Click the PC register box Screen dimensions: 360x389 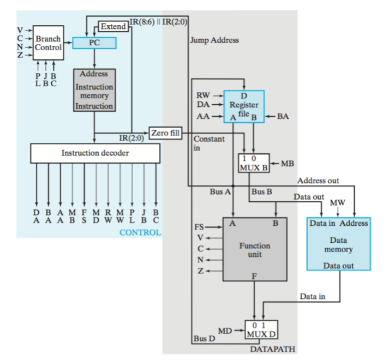coord(94,43)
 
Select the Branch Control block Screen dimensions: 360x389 coord(48,43)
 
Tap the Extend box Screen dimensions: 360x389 coord(113,26)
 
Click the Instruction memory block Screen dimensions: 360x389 coord(94,90)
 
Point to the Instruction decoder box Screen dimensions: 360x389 coord(95,153)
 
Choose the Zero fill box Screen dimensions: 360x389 coord(165,133)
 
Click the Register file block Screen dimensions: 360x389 coord(244,106)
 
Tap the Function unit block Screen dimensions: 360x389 coord(254,250)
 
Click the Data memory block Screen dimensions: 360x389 coord(338,244)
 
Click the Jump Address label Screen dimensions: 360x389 coord(214,40)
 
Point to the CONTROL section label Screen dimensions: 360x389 coord(140,232)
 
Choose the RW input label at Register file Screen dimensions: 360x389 coord(202,96)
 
